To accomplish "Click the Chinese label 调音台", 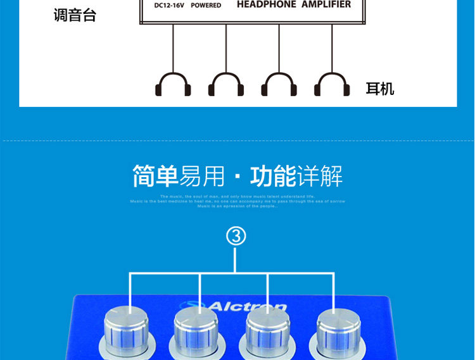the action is tap(75, 15).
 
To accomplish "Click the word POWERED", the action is tap(206, 6).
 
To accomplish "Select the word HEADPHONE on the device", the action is tap(266, 4).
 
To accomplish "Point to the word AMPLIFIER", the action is tap(326, 4).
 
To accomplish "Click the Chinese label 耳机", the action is tap(380, 89).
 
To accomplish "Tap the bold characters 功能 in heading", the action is tap(273, 177).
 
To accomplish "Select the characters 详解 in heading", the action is tap(320, 177).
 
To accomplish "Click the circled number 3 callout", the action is tap(236, 237).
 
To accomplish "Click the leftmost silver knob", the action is tap(129, 332).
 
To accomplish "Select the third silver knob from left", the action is tap(267, 332).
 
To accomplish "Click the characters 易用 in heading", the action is tap(203, 177).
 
